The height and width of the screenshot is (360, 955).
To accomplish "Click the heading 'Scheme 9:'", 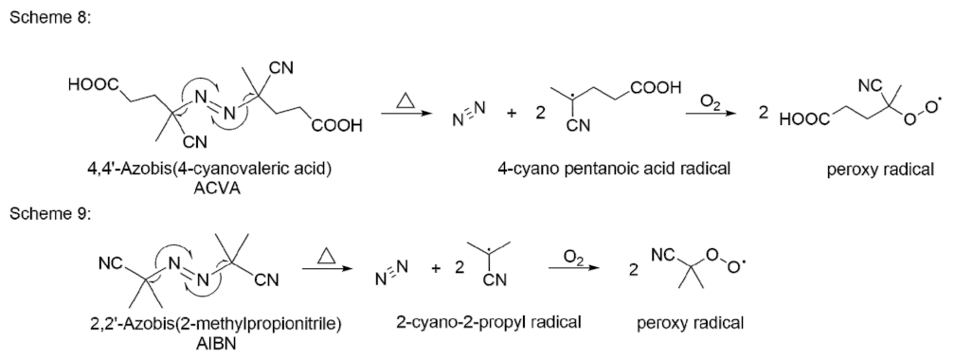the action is click(x=42, y=213).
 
